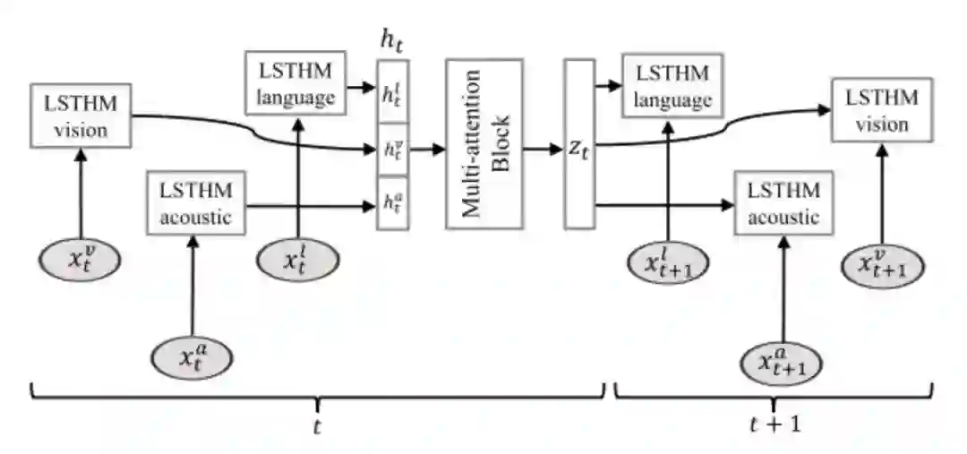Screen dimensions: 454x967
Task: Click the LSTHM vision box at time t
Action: click(81, 116)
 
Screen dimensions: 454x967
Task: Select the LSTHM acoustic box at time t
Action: click(195, 203)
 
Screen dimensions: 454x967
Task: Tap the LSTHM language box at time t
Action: click(295, 83)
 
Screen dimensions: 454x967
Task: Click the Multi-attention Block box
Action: click(483, 143)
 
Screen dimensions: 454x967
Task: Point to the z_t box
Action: click(578, 143)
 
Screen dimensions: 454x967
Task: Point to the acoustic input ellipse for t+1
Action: click(783, 363)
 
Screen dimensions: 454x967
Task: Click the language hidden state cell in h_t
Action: click(392, 90)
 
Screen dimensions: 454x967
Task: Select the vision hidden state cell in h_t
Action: click(392, 150)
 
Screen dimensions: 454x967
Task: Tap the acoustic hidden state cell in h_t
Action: click(392, 204)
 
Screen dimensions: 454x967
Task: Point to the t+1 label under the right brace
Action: click(774, 424)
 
